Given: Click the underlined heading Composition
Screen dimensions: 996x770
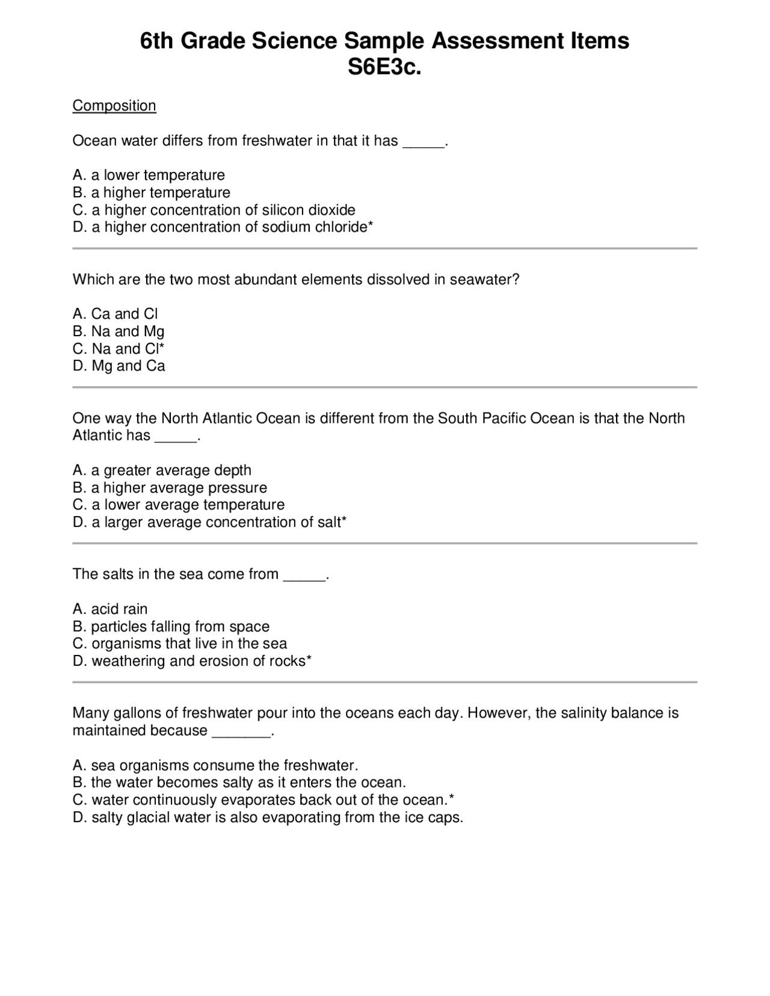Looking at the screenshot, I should pyautogui.click(x=114, y=106).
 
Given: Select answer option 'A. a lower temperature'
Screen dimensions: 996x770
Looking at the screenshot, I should pyautogui.click(x=149, y=175).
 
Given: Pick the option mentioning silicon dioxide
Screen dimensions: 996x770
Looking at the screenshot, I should pyautogui.click(x=214, y=210).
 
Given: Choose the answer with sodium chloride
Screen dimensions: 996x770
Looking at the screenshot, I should pyautogui.click(x=223, y=227).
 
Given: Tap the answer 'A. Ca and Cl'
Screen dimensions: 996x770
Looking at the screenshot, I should pyautogui.click(x=115, y=314).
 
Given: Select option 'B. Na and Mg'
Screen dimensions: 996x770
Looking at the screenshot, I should pyautogui.click(x=119, y=331).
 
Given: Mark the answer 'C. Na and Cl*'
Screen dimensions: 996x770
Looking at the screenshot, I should pyautogui.click(x=119, y=349).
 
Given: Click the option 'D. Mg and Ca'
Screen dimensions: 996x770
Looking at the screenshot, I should pyautogui.click(x=119, y=366).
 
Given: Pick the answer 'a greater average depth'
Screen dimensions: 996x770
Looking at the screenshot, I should pyautogui.click(x=162, y=470).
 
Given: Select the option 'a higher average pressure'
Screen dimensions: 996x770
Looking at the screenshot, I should pyautogui.click(x=170, y=488).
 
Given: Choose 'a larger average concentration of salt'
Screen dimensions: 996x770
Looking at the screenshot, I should pyautogui.click(x=209, y=523).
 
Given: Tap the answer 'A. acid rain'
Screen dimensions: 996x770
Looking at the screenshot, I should pyautogui.click(x=110, y=609).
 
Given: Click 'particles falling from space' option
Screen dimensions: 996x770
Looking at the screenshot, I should pyautogui.click(x=171, y=627).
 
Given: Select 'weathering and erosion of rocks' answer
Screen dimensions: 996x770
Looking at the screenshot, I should pyautogui.click(x=192, y=662).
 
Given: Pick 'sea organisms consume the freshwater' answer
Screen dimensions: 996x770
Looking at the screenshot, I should pyautogui.click(x=215, y=766).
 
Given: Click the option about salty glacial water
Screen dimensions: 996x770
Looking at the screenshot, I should pyautogui.click(x=268, y=818).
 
